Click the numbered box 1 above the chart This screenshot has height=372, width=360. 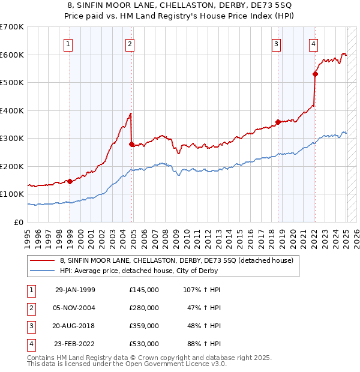(68, 44)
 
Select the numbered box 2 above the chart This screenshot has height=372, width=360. (130, 44)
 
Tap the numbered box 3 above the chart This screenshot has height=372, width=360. (277, 44)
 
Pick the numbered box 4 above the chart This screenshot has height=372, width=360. (314, 44)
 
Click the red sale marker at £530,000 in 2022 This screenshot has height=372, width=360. (315, 74)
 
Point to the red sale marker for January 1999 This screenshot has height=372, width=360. (70, 181)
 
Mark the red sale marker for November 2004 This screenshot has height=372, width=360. (132, 144)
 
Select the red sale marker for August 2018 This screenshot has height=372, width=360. (278, 122)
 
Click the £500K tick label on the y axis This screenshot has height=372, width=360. (12, 82)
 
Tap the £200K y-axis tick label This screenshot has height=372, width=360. (12, 166)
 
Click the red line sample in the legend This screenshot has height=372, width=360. (42, 260)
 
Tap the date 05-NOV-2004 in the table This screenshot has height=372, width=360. (75, 308)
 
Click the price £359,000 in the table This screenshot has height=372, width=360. (144, 326)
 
